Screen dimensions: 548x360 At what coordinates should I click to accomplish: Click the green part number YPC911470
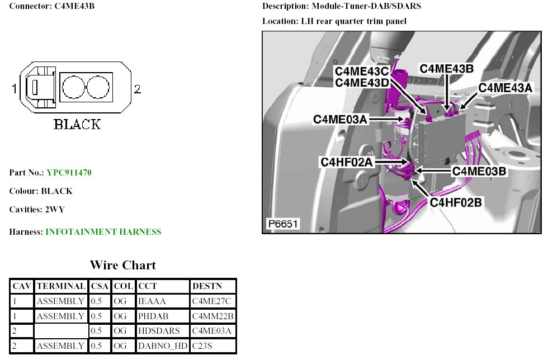click(x=69, y=173)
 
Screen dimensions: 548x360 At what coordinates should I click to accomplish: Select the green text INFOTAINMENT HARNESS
click(x=103, y=232)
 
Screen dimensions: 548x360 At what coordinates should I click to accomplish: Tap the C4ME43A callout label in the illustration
click(x=506, y=87)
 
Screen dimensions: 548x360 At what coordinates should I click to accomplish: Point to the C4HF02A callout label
click(x=347, y=162)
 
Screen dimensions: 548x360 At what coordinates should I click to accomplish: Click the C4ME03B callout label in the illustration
click(x=479, y=171)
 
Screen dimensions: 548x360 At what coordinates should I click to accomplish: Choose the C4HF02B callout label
click(x=455, y=202)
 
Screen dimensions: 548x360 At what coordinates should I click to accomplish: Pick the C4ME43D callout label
click(x=361, y=83)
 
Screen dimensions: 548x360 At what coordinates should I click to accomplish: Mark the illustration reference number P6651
click(x=282, y=225)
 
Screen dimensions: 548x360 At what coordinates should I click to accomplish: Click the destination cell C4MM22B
click(x=212, y=316)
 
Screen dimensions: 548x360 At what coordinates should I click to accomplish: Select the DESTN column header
click(x=207, y=286)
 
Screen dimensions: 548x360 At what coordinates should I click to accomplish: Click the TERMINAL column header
click(x=62, y=286)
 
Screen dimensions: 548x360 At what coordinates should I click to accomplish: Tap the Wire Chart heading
click(x=123, y=265)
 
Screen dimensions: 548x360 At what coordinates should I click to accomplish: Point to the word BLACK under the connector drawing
click(x=77, y=124)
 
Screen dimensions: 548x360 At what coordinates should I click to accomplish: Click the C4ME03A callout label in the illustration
click(x=340, y=119)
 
